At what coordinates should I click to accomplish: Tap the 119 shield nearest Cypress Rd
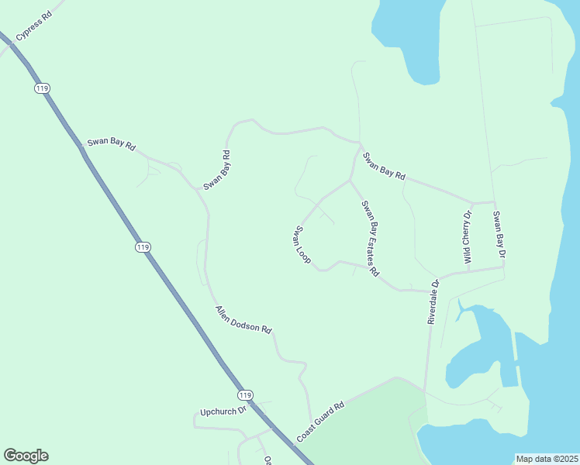[x=42, y=89]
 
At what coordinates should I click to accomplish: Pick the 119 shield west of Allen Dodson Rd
[x=142, y=247]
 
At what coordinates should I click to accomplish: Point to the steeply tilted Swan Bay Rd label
[x=217, y=170]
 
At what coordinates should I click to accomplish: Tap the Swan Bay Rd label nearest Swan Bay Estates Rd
[x=385, y=166]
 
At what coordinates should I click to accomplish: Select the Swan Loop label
[x=302, y=246]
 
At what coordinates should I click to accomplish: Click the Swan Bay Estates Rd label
[x=370, y=238]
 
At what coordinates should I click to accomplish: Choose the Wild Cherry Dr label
[x=468, y=237]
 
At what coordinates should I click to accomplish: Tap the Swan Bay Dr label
[x=500, y=235]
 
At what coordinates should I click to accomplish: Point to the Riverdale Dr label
[x=434, y=301]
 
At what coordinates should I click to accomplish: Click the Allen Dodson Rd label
[x=243, y=319]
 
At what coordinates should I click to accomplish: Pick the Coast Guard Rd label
[x=319, y=422]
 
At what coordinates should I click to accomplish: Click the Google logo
[x=26, y=456]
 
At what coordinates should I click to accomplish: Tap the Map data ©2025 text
[x=547, y=459]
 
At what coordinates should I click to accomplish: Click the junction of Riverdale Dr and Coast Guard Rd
[x=424, y=390]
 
